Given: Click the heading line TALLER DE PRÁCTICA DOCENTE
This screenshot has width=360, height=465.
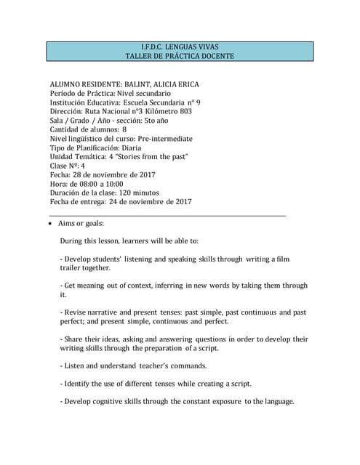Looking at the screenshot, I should tap(180, 56).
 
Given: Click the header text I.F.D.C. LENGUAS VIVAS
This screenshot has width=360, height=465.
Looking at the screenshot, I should tap(180, 46).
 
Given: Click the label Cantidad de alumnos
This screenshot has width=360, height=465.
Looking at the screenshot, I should tap(83, 129).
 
